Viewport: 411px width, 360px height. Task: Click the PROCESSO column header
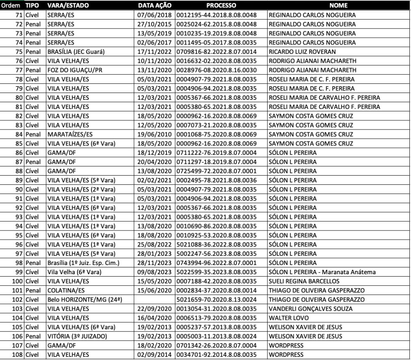coord(221,6)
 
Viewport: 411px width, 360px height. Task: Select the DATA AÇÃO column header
coord(155,6)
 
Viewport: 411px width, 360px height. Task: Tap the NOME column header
coord(338,6)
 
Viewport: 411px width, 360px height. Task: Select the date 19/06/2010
coord(155,134)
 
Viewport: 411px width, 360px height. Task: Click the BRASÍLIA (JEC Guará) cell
coord(73,52)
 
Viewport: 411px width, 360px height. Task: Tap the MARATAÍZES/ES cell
coord(67,134)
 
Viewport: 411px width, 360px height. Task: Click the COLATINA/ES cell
coord(63,290)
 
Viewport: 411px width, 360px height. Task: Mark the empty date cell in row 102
coord(155,299)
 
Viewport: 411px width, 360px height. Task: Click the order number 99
coord(19,272)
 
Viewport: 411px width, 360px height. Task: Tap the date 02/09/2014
coord(155,354)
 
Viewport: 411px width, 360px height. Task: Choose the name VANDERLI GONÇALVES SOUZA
coord(311,309)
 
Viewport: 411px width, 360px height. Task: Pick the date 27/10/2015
coord(155,24)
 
